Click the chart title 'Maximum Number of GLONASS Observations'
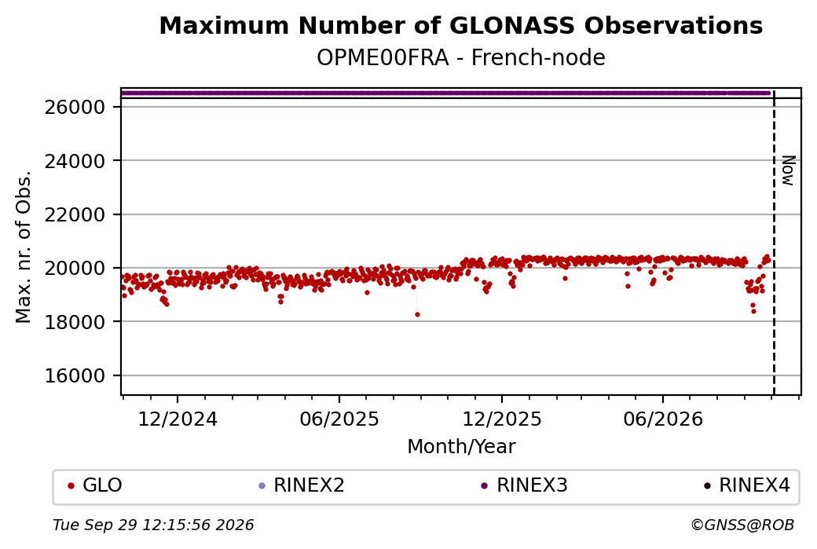(460, 25)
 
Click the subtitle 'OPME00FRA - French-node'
(460, 58)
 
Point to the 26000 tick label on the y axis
(75, 108)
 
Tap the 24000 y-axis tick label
(75, 161)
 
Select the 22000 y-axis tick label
(75, 214)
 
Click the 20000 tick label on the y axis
(75, 269)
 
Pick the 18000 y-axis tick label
(75, 322)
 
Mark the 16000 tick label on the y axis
(75, 375)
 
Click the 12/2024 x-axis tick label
(178, 419)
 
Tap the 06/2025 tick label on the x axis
(339, 419)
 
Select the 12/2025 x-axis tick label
(502, 419)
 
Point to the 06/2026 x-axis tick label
(663, 419)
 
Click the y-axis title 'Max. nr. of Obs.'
(24, 247)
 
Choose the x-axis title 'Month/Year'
(461, 446)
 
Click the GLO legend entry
(95, 485)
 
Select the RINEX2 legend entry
(302, 485)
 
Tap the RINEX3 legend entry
(524, 485)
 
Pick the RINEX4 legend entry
(747, 485)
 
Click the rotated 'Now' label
(789, 171)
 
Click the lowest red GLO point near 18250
(417, 315)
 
